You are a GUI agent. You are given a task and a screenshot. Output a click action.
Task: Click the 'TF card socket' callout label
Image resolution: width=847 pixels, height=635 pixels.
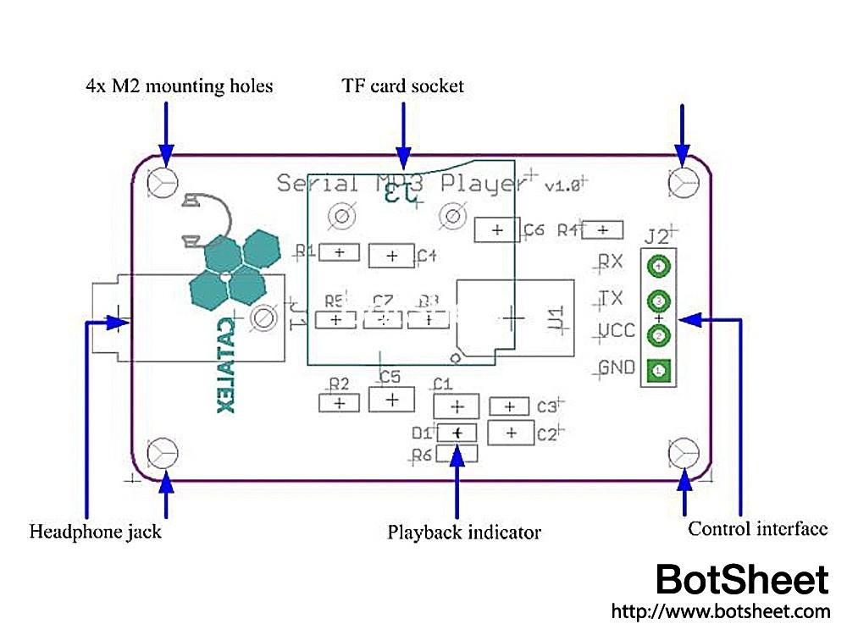[x=403, y=86]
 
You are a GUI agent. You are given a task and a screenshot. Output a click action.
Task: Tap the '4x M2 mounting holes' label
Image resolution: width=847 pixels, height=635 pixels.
[x=180, y=86]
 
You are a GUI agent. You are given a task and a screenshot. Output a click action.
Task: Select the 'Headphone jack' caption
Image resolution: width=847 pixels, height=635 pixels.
[x=95, y=533]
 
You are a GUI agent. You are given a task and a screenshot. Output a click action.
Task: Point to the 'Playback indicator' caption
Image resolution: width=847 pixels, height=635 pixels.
[x=464, y=533]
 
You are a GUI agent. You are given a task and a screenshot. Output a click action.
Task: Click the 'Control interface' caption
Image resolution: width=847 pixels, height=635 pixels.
[x=757, y=530]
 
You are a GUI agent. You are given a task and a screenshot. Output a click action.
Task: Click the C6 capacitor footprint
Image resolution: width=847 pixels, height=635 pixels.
[x=497, y=229]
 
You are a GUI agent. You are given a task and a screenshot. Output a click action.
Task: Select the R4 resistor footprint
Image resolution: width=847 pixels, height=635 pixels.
[x=602, y=229]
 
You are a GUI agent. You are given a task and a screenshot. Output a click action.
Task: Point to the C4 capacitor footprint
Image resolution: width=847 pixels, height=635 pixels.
[x=392, y=255]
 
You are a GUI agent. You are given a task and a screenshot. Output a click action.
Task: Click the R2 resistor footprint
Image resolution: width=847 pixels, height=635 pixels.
[x=340, y=403]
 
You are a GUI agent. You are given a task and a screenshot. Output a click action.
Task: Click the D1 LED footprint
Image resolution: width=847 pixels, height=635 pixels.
[x=457, y=433]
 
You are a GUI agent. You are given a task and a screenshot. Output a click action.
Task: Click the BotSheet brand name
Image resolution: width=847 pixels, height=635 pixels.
[x=743, y=581]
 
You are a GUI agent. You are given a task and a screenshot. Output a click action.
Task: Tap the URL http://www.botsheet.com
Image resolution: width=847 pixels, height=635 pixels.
[x=720, y=611]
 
